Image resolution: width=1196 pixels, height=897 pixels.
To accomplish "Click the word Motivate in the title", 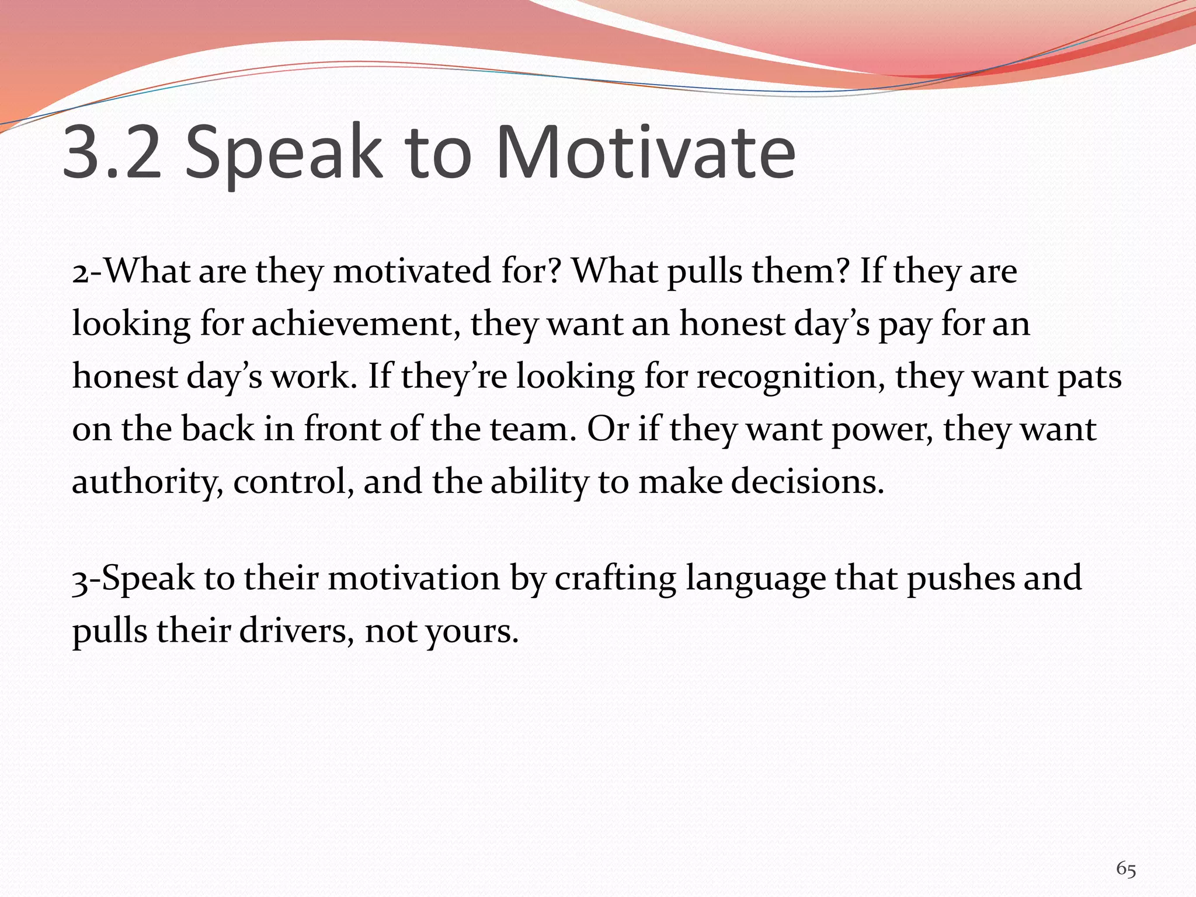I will [x=645, y=153].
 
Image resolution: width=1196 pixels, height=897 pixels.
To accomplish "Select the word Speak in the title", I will [x=283, y=153].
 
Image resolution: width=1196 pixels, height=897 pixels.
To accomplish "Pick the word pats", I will [x=1090, y=377].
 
